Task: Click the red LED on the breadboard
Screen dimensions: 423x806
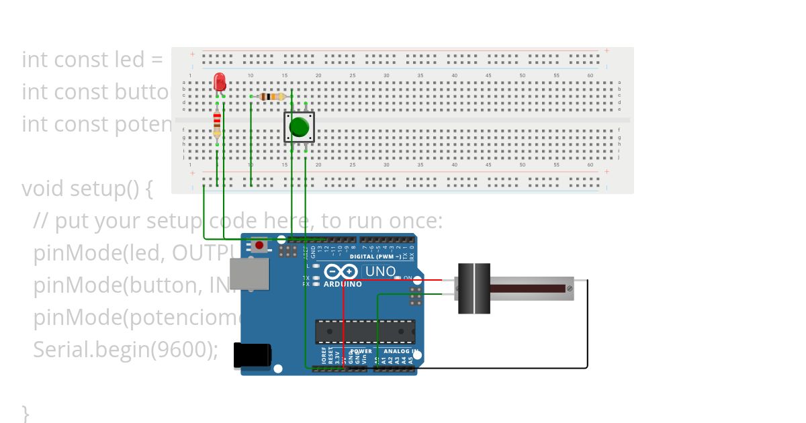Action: tap(220, 82)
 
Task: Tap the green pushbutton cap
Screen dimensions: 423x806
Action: tap(299, 127)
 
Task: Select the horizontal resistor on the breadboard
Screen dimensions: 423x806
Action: tap(271, 97)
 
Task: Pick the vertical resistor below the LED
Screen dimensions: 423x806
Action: tap(217, 124)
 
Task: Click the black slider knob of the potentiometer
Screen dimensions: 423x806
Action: tap(474, 289)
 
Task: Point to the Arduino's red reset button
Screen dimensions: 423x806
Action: tap(259, 245)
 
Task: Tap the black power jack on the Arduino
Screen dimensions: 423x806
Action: tap(252, 355)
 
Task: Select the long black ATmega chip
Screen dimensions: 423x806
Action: tap(365, 332)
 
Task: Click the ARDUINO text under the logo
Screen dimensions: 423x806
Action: tap(343, 284)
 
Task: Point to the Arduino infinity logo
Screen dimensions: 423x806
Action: tap(341, 271)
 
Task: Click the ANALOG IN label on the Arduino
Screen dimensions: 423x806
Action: tap(401, 351)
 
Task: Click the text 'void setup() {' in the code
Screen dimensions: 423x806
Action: tap(87, 189)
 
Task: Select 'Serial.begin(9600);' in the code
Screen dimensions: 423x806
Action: tap(126, 350)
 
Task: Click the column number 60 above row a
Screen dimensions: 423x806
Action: tap(590, 75)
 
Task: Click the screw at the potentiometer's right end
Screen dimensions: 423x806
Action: tap(570, 289)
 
